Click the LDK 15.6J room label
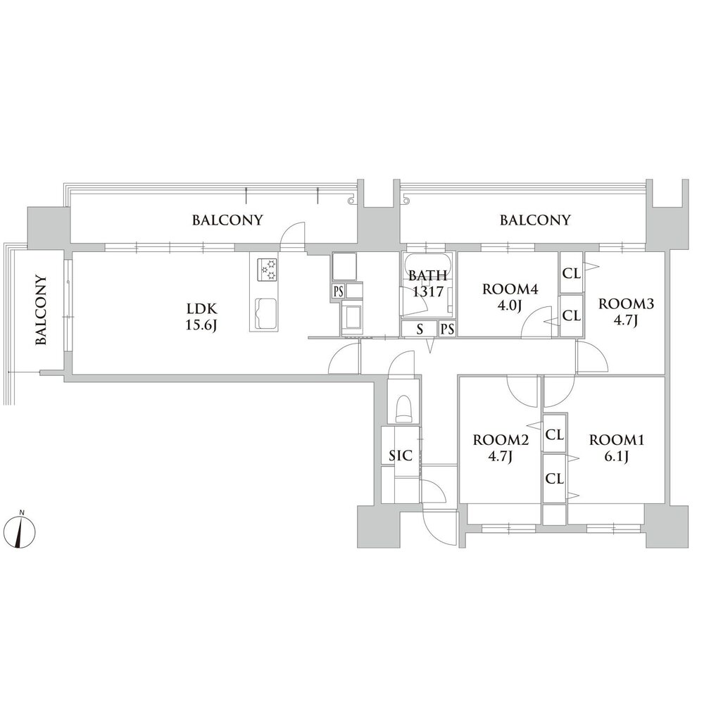click(x=201, y=317)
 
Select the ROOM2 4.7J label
click(x=500, y=448)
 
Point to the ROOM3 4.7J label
click(x=626, y=313)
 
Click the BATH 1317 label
click(x=427, y=283)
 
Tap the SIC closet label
click(x=401, y=455)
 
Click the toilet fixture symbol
click(x=403, y=408)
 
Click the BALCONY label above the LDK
click(x=227, y=220)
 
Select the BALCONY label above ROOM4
click(x=535, y=220)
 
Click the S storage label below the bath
click(x=420, y=329)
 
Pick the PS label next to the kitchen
click(x=339, y=291)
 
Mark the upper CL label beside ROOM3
click(x=572, y=273)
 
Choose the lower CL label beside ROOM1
click(x=555, y=479)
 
